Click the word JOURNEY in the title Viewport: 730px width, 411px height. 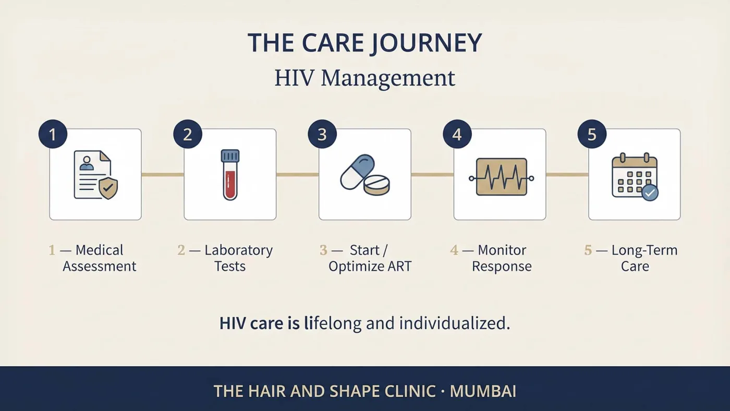(427, 43)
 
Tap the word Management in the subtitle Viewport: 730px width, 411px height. (388, 79)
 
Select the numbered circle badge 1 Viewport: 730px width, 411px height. (53, 134)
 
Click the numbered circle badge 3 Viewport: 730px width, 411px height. (322, 134)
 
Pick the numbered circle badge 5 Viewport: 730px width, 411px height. (592, 134)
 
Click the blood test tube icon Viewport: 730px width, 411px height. (230, 175)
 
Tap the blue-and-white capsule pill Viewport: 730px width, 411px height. (358, 172)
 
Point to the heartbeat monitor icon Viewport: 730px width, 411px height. (502, 177)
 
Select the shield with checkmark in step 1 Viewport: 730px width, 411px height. (108, 188)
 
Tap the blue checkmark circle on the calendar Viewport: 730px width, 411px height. (650, 192)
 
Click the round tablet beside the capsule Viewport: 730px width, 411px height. (376, 186)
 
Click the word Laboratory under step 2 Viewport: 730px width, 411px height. (239, 251)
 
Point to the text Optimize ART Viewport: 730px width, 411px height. (370, 267)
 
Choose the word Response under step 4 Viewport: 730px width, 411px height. (502, 267)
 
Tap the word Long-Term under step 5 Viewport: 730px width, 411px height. (644, 250)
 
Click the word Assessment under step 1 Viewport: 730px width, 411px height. (100, 267)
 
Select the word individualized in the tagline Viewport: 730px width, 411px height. (455, 323)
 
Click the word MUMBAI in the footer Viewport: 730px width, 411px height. (483, 392)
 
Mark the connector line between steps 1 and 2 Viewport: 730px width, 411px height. (163, 175)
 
